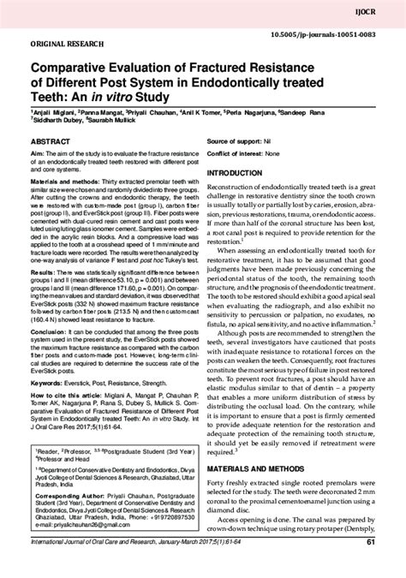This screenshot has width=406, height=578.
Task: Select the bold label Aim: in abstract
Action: point(39,152)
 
